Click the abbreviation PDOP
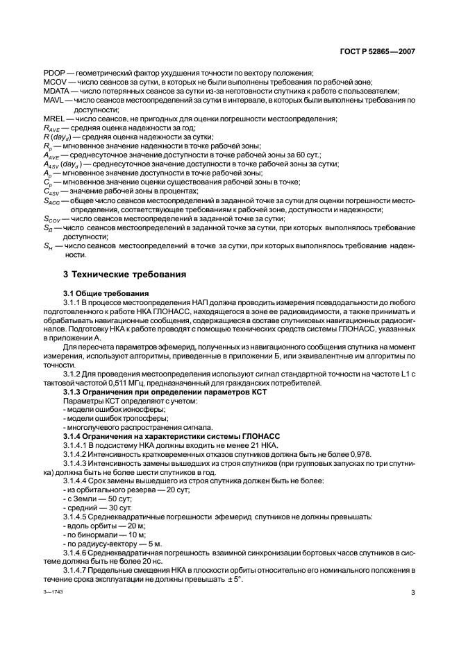[53, 73]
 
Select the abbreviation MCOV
[54, 82]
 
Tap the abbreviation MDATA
[56, 91]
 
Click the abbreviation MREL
[54, 119]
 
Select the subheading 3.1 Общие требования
[103, 294]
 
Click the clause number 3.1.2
[74, 374]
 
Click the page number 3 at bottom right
[412, 593]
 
